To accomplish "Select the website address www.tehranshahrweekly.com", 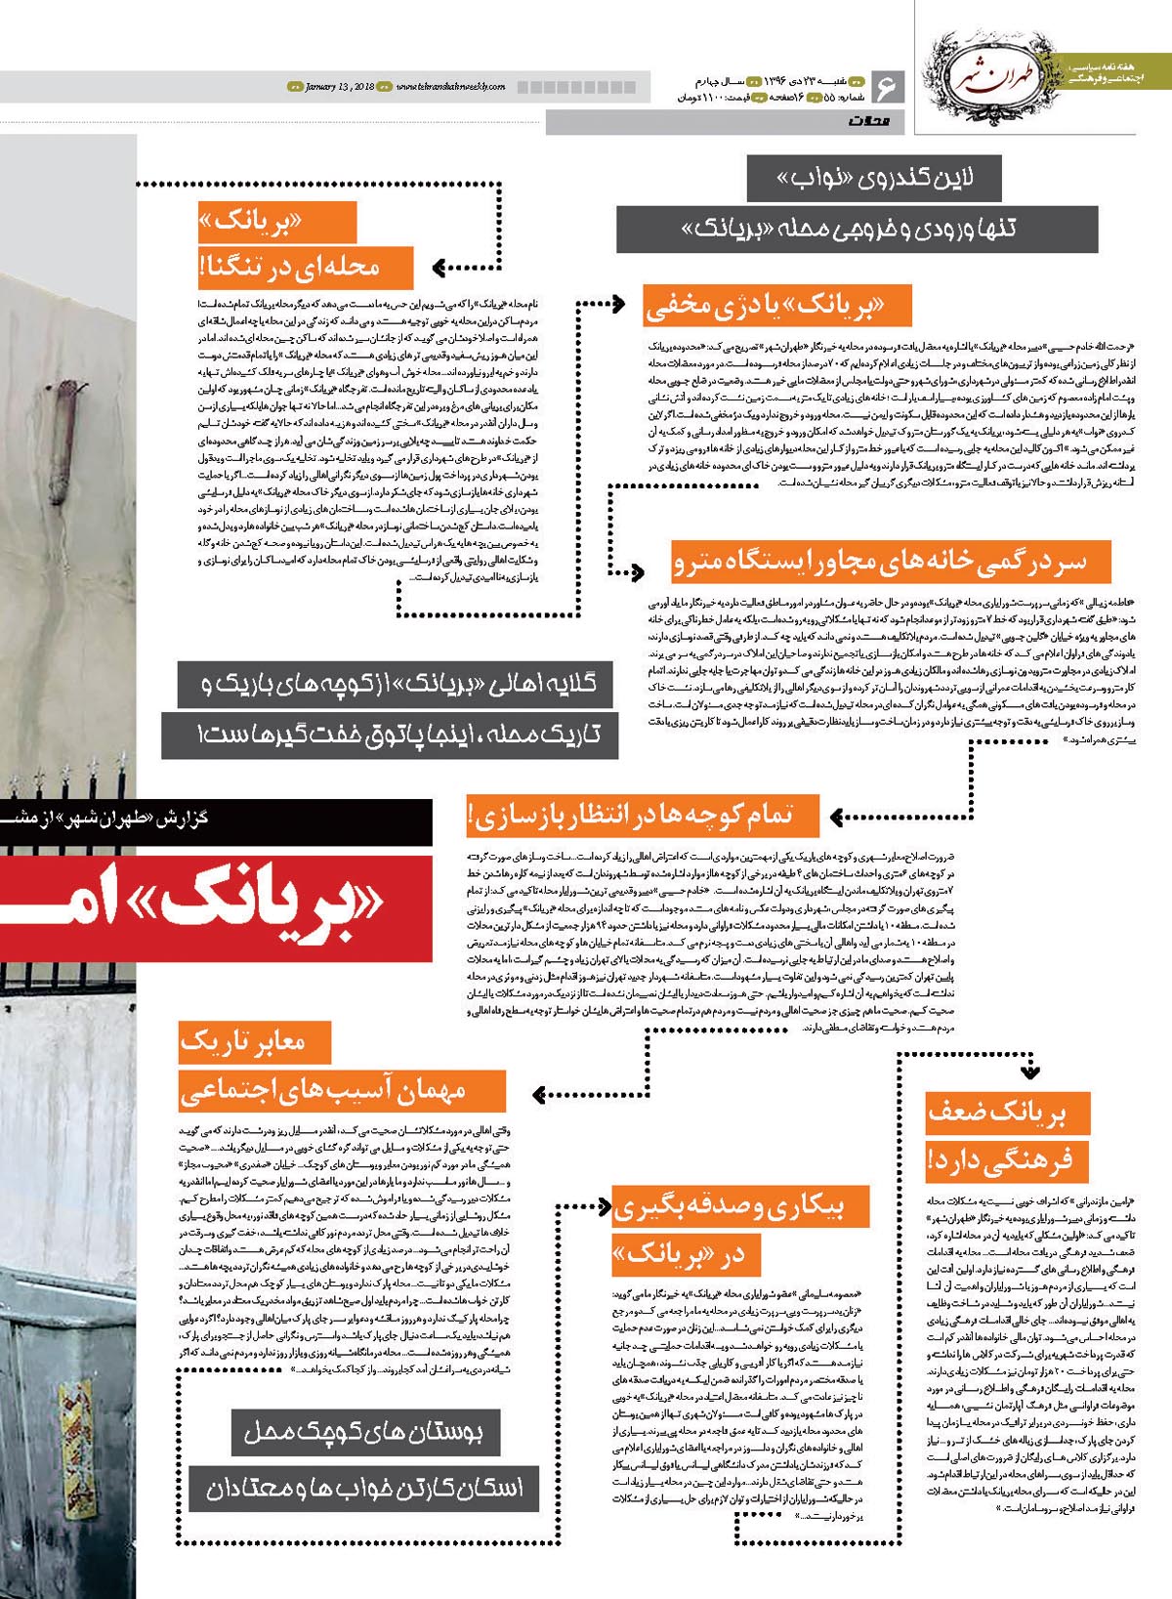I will pyautogui.click(x=450, y=87).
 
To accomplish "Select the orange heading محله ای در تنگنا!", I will pyautogui.click(x=304, y=267).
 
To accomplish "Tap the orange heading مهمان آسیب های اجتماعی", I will pyautogui.click(x=341, y=1090).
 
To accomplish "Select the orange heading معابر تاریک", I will pyautogui.click(x=255, y=1042).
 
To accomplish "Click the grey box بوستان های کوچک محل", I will pyautogui.click(x=363, y=1433).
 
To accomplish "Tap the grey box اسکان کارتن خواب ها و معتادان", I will pyautogui.click(x=363, y=1489).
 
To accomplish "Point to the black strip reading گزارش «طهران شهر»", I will pyautogui.click(x=215, y=821).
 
